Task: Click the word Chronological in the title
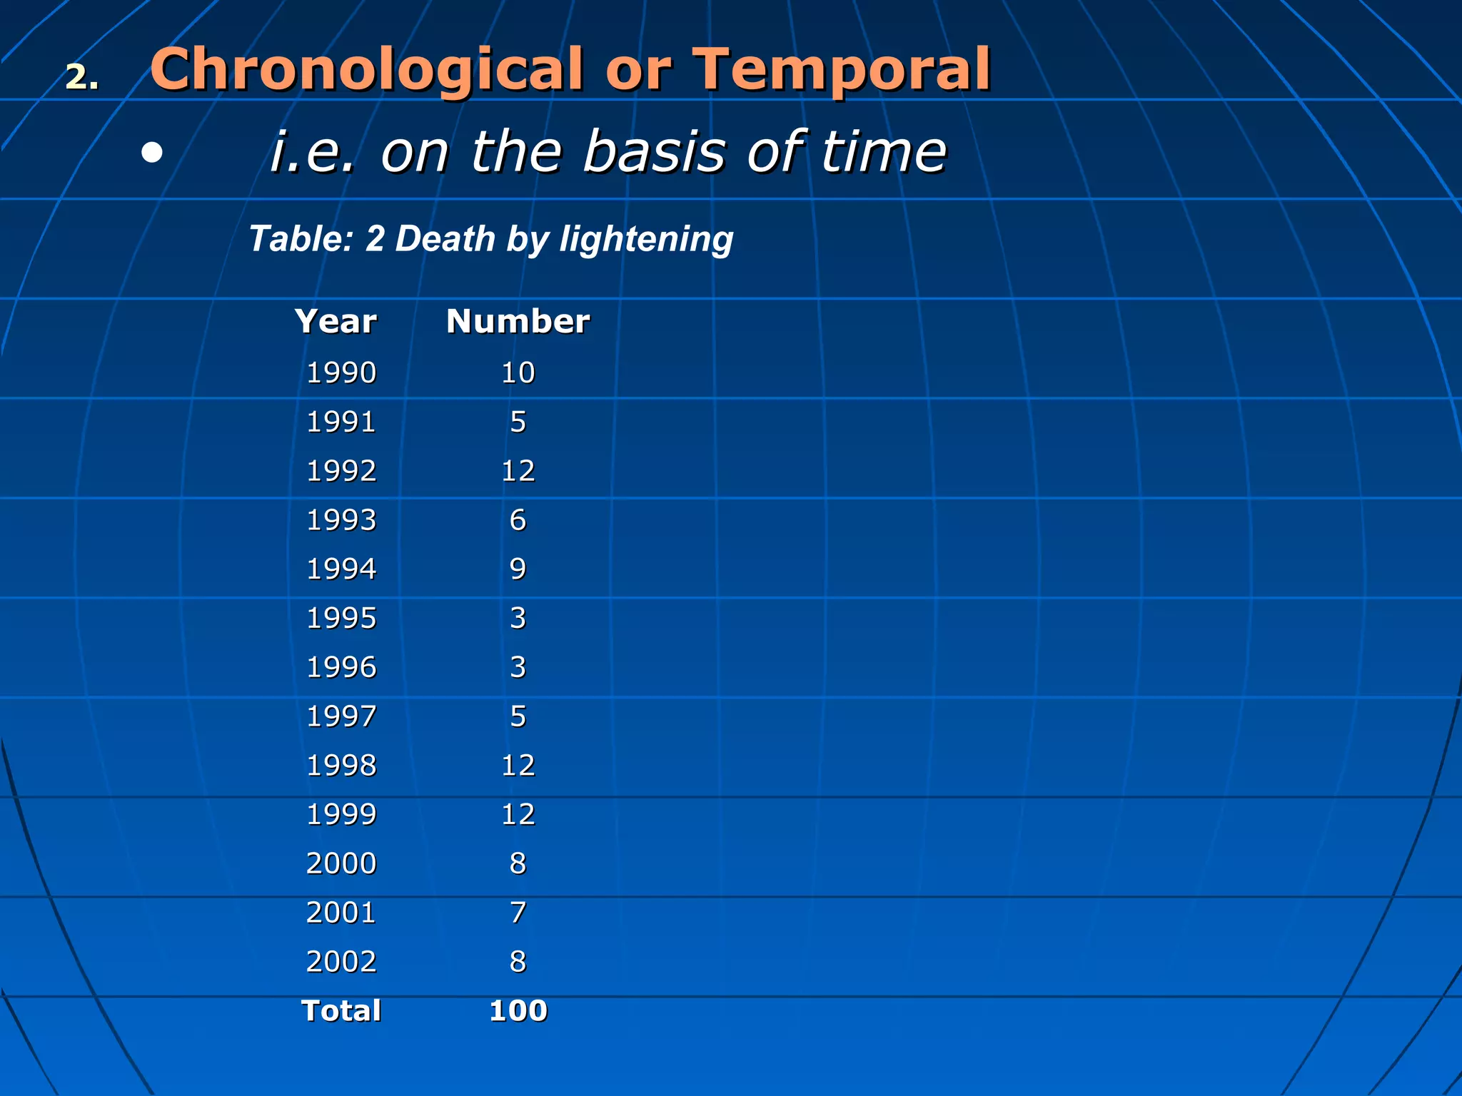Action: point(365,70)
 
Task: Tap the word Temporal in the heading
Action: point(842,70)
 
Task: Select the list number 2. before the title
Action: point(82,77)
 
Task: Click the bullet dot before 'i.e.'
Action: point(151,153)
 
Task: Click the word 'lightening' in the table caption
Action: point(646,239)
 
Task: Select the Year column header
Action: point(336,321)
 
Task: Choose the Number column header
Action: point(518,321)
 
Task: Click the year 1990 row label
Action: point(341,372)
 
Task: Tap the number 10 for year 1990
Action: point(518,372)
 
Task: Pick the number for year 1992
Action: point(518,471)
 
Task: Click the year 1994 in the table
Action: point(341,569)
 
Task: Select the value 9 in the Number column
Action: point(518,569)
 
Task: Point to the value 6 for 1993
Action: point(518,520)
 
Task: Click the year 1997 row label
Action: point(341,716)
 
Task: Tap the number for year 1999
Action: point(518,814)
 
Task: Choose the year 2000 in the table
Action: point(341,863)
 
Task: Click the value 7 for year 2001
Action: point(518,913)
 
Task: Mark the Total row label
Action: point(341,1011)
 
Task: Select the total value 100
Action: point(518,1011)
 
